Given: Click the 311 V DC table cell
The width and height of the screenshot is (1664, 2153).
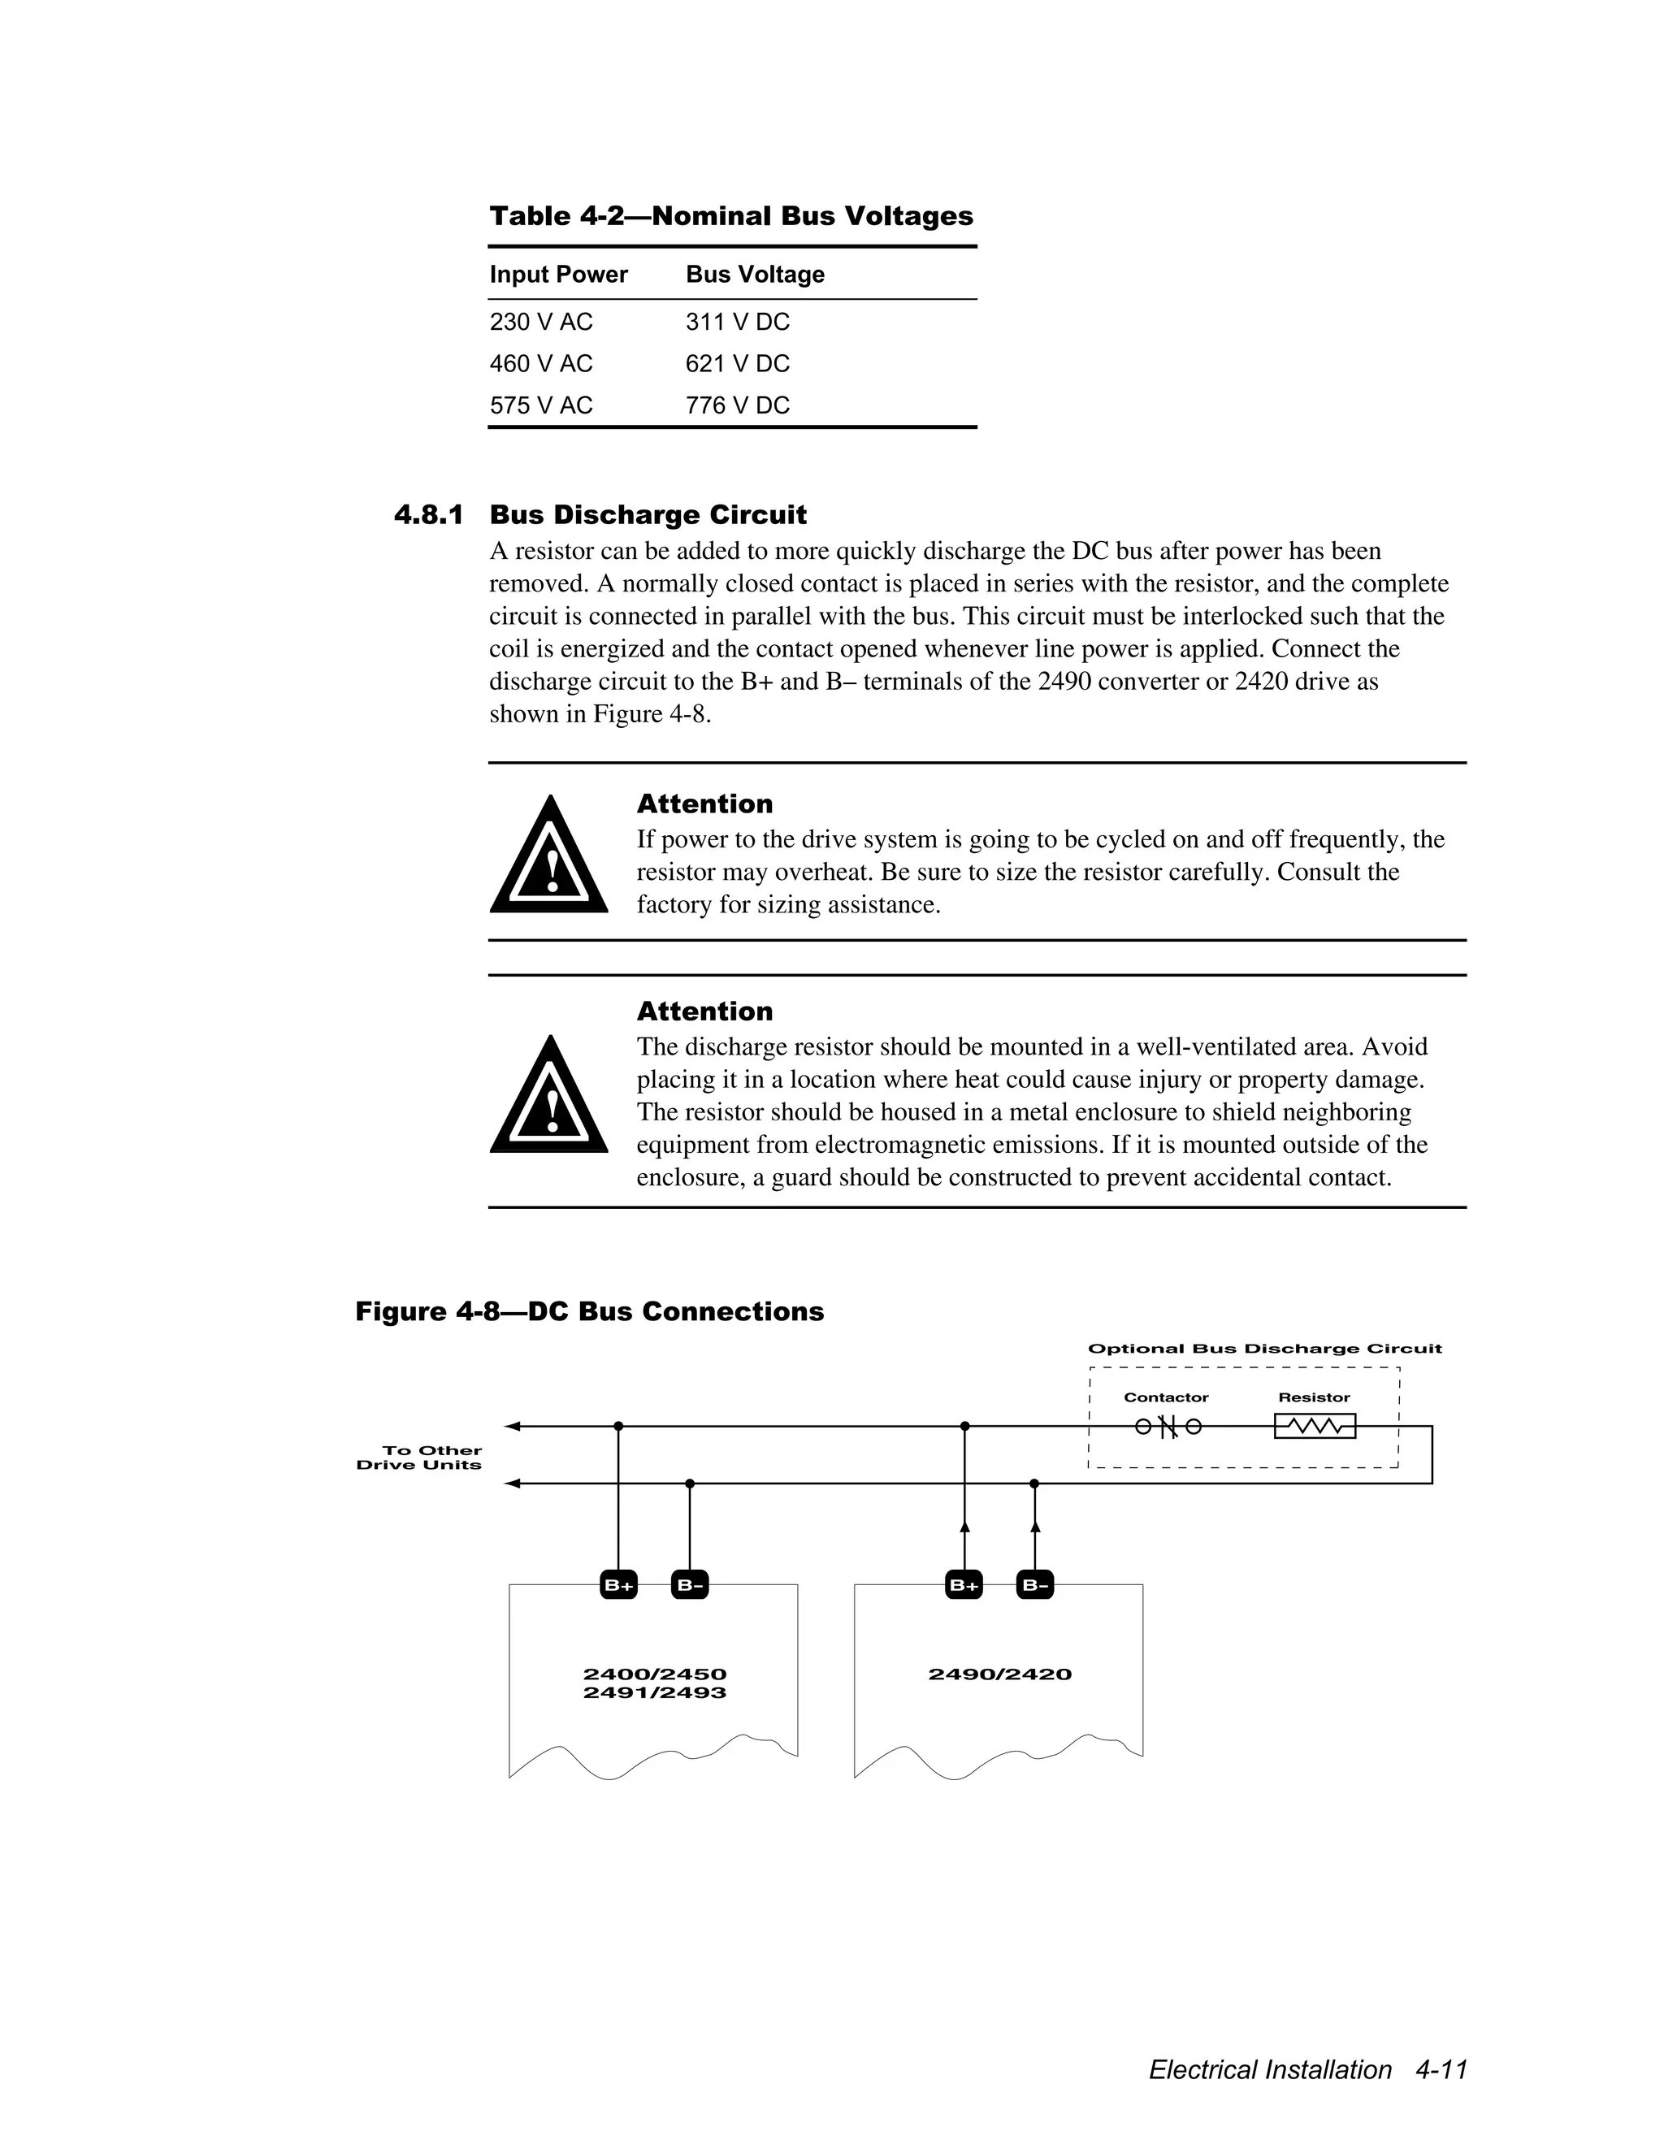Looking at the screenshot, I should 738,323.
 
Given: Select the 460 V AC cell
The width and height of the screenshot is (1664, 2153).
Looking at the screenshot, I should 541,364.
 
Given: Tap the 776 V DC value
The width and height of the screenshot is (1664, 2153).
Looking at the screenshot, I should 738,405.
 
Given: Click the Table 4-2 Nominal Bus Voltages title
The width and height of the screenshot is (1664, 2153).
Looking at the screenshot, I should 730,216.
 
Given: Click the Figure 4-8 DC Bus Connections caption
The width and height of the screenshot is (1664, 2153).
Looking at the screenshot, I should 590,1311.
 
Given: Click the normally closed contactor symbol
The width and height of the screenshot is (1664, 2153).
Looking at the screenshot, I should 1168,1427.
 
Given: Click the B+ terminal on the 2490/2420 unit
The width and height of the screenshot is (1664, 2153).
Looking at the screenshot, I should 964,1585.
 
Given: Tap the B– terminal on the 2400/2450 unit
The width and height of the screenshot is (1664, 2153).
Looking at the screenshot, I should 689,1585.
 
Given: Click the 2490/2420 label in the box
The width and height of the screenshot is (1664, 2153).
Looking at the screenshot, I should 999,1674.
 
